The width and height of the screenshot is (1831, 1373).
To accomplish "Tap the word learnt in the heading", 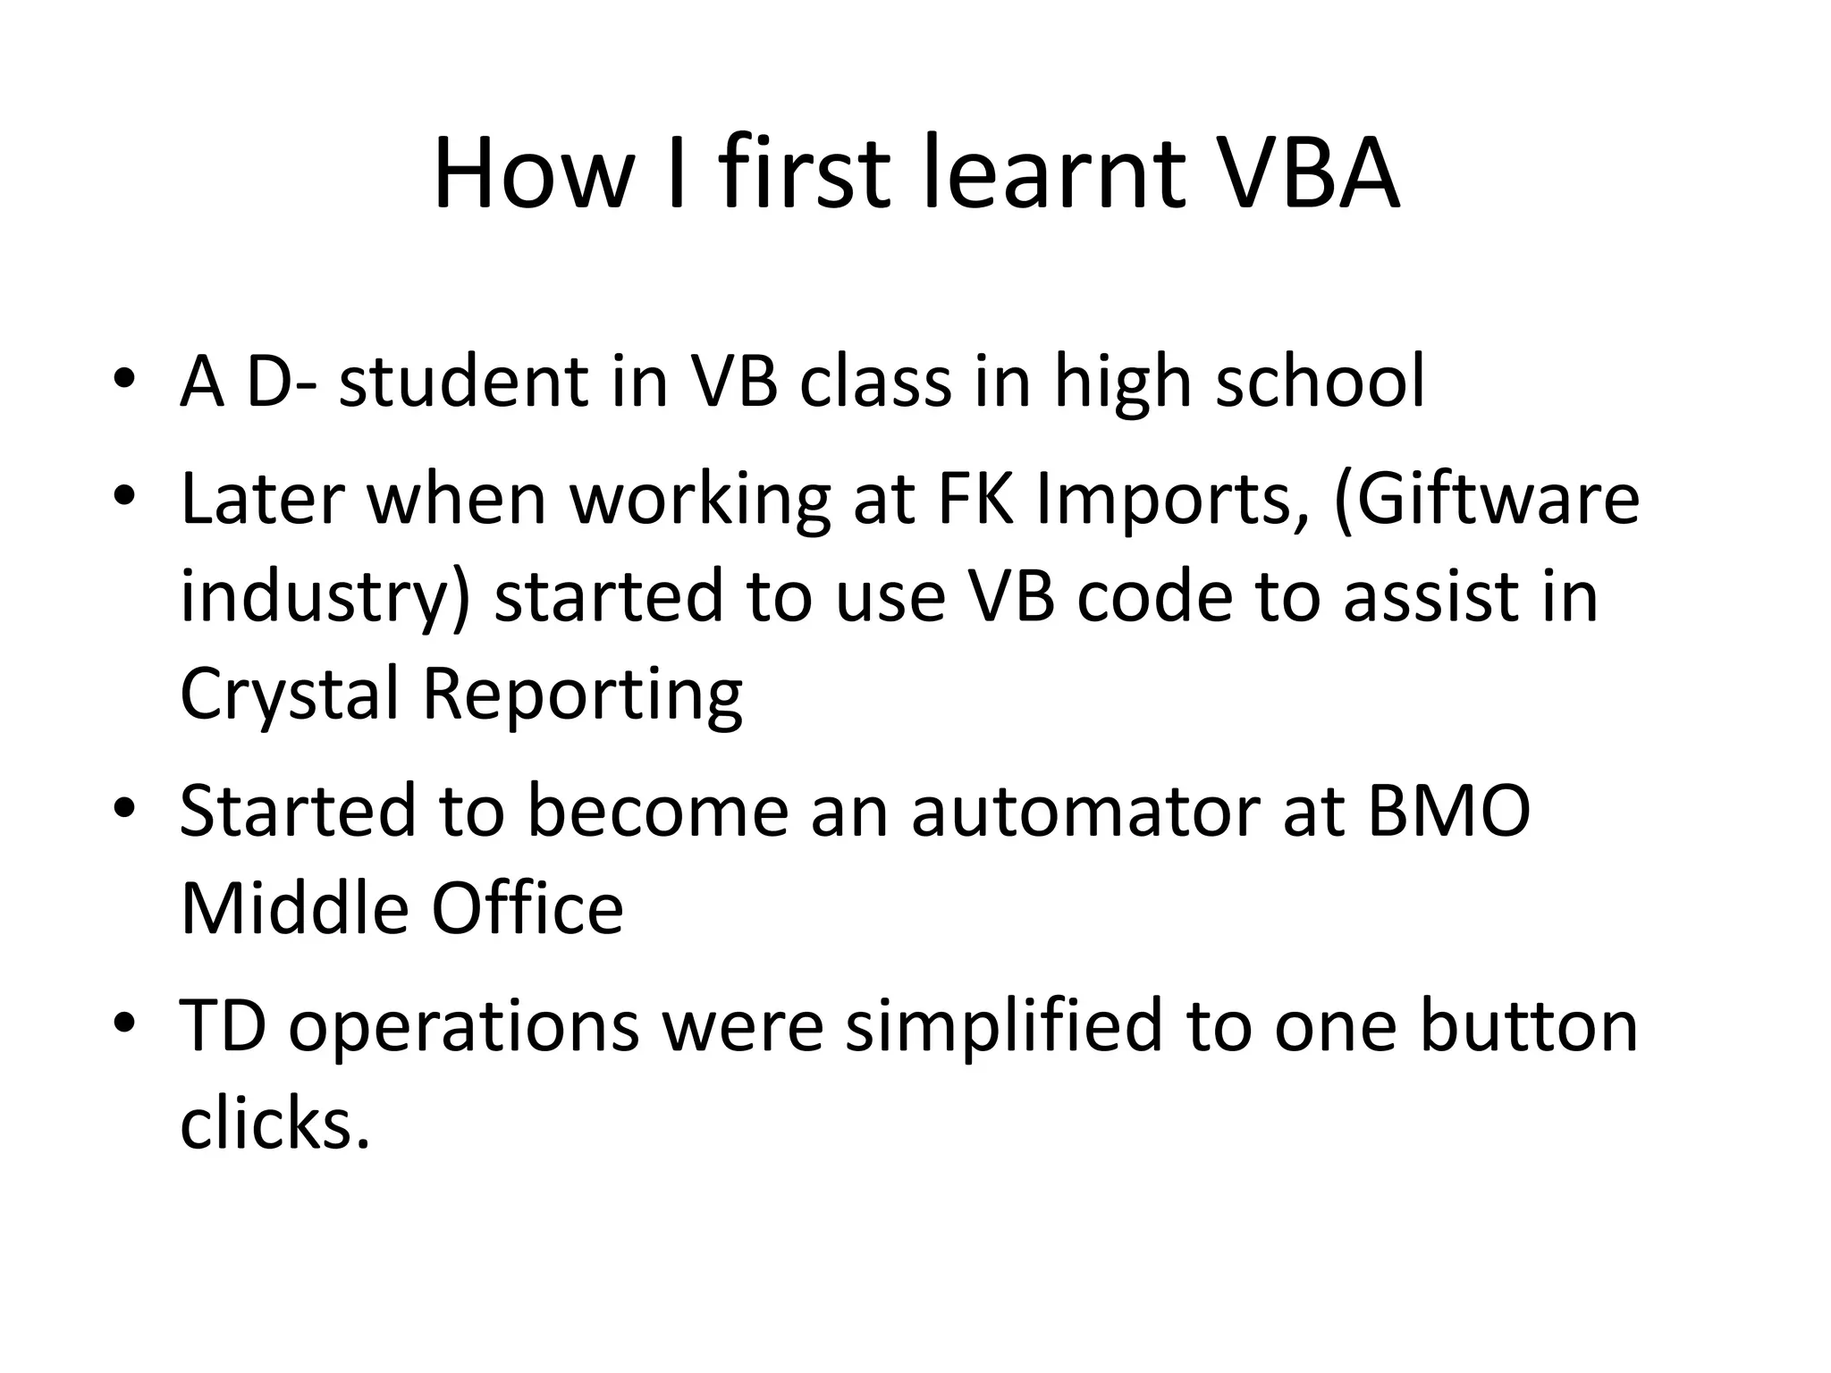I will click(1054, 173).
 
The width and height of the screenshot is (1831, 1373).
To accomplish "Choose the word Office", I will click(527, 908).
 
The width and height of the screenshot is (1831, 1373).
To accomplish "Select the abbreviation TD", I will click(223, 1024).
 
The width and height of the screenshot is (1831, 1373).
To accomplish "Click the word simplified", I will click(1003, 1026).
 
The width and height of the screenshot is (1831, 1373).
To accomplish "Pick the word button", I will click(1528, 1024).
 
